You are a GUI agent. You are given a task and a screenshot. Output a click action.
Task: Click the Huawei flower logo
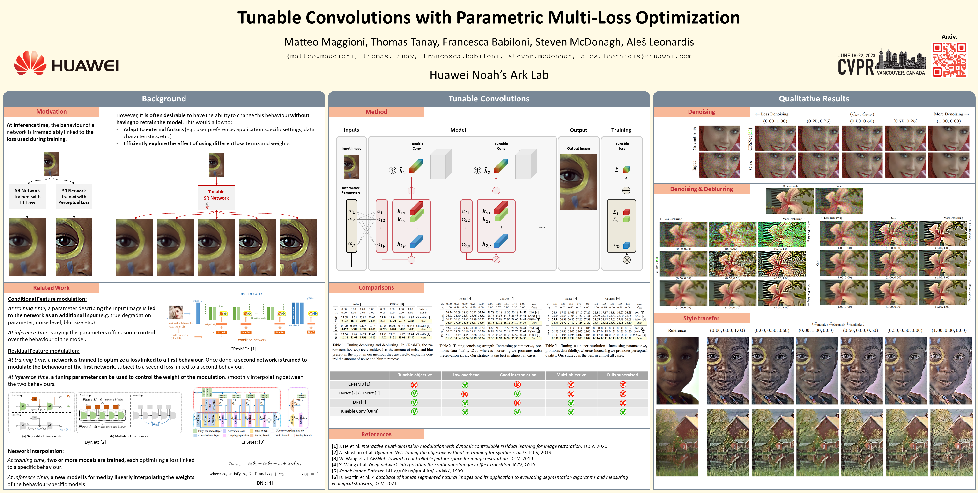(30, 63)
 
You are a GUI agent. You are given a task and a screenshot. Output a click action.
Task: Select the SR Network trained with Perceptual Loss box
(74, 196)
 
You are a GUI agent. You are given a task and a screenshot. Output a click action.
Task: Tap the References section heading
(376, 434)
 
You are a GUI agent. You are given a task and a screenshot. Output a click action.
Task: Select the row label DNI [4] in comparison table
(359, 402)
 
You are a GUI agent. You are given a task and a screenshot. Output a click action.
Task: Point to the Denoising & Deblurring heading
(701, 189)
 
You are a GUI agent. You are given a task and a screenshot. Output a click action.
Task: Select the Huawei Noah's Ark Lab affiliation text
(489, 75)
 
